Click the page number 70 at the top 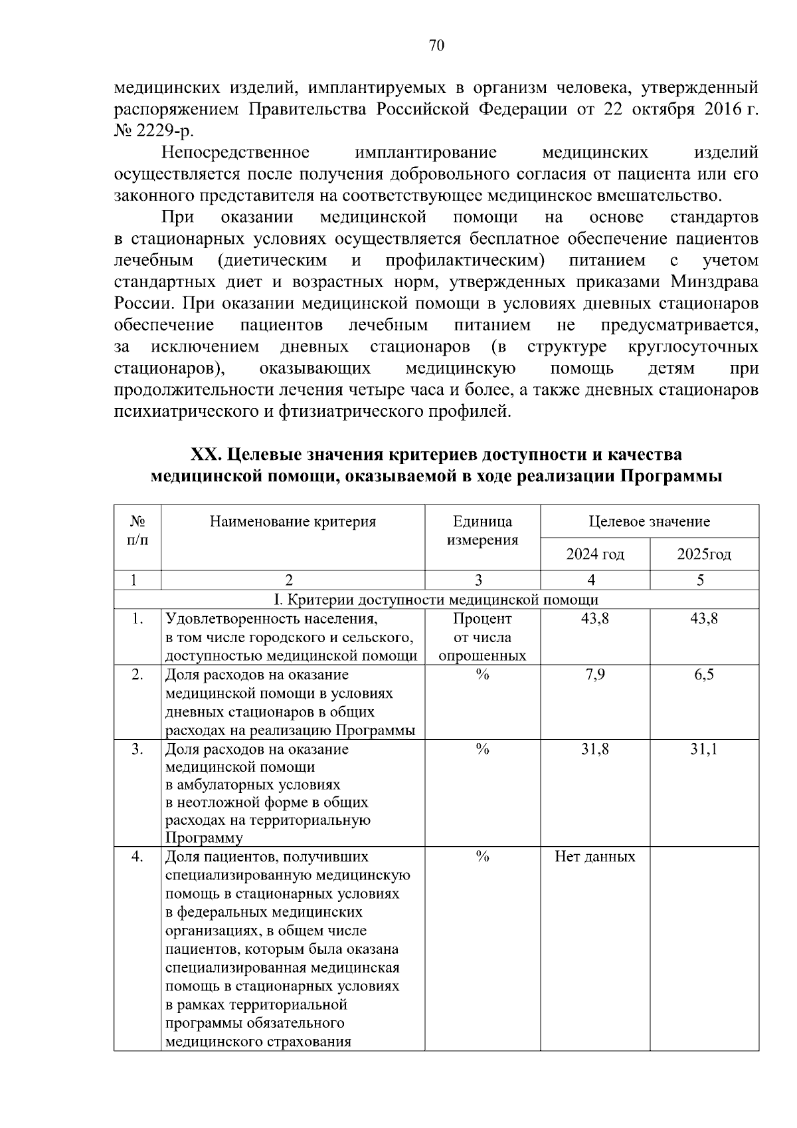[x=436, y=45]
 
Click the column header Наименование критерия [x=293, y=522]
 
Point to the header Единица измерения [x=482, y=530]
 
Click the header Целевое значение [x=649, y=522]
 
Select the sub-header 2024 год [x=594, y=554]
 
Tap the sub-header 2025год [x=704, y=554]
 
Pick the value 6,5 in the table [x=704, y=675]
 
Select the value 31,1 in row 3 [x=704, y=750]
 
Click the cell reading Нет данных [x=594, y=857]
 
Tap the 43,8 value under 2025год [x=704, y=619]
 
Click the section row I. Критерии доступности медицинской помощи [x=436, y=600]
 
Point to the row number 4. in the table [x=137, y=857]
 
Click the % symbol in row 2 [x=482, y=675]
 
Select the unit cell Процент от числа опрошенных [x=482, y=637]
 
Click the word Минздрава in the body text [x=714, y=282]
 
